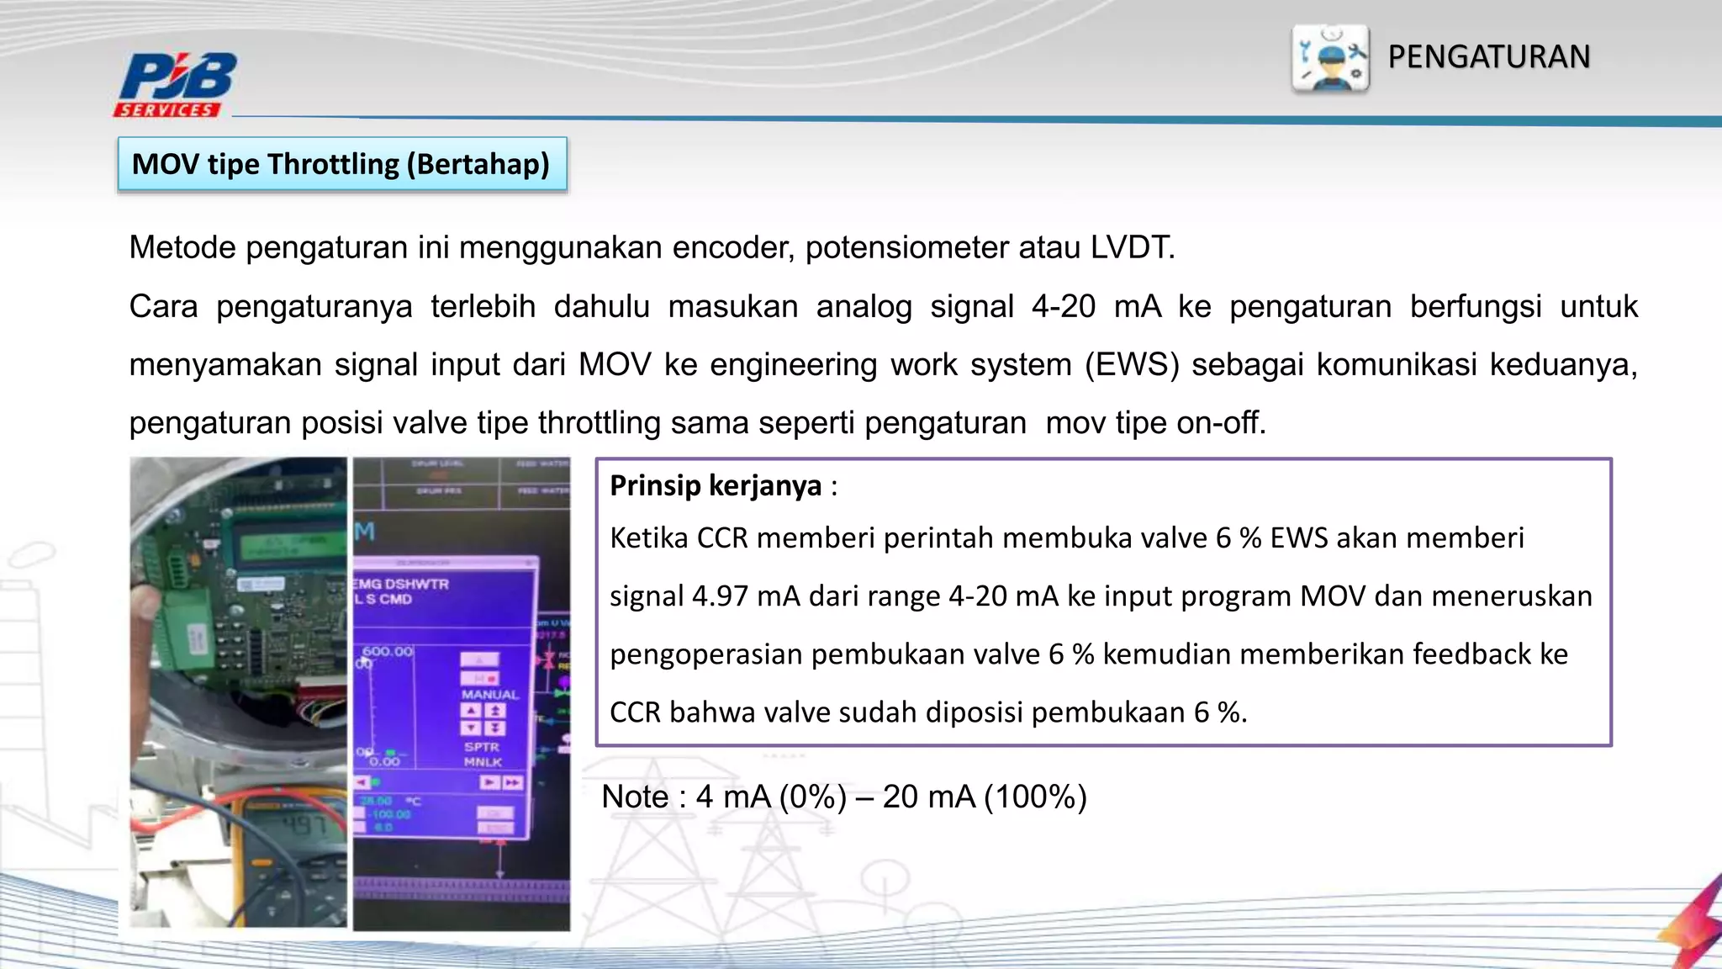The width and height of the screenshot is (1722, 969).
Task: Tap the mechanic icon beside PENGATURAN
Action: (x=1330, y=58)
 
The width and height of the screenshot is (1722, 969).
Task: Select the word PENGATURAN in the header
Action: (x=1488, y=57)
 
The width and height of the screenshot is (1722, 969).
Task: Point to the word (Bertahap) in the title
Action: (x=478, y=164)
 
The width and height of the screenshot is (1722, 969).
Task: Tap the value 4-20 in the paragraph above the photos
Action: (x=1063, y=307)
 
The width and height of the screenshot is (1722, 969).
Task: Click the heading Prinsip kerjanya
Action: (x=716, y=486)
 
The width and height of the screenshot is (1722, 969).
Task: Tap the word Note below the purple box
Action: (x=635, y=797)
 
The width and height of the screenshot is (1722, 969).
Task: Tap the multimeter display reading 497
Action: (x=303, y=825)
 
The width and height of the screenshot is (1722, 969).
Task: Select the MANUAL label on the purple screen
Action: (x=489, y=695)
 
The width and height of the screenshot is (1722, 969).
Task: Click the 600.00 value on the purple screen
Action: (x=388, y=652)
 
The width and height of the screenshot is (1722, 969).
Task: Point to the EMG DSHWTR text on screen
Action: (x=401, y=584)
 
